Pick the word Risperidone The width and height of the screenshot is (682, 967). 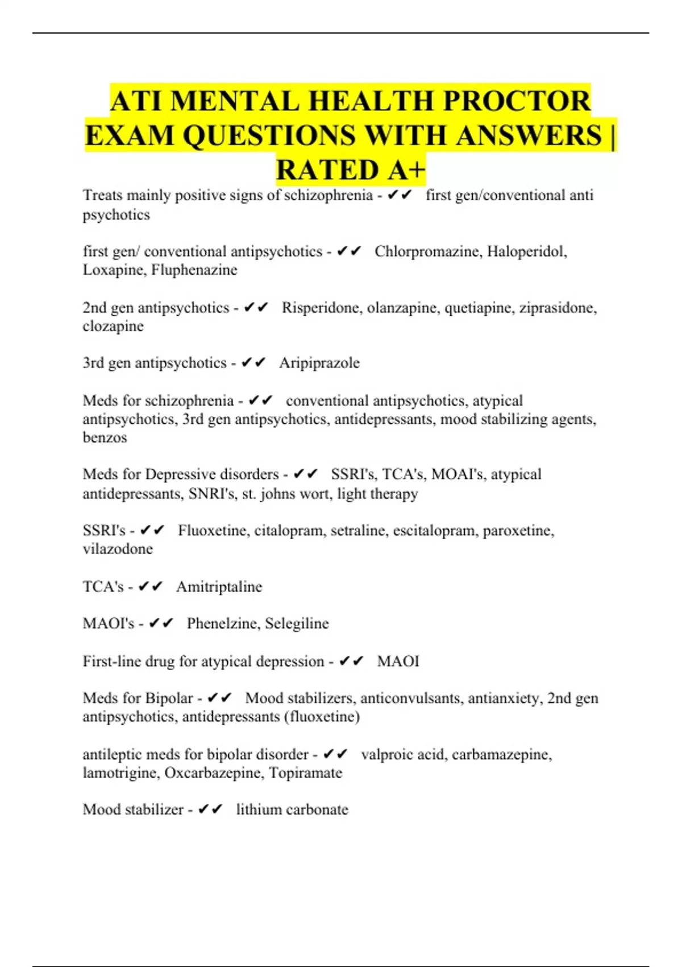click(x=322, y=308)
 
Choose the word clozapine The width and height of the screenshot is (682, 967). click(x=113, y=327)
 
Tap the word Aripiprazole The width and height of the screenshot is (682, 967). click(x=319, y=363)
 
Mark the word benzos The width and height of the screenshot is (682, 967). click(x=105, y=437)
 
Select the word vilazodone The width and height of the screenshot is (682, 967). click(x=118, y=549)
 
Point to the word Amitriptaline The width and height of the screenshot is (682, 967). click(x=219, y=586)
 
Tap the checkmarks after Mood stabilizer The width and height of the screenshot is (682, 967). click(x=210, y=809)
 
